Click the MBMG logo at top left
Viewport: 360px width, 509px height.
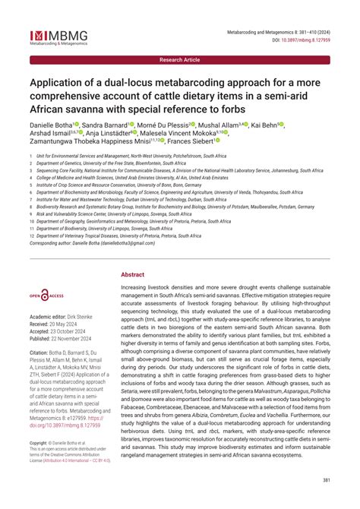pyautogui.click(x=58, y=36)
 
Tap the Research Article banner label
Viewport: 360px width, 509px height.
pyautogui.click(x=180, y=59)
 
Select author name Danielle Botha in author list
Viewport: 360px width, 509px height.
pyautogui.click(x=51, y=124)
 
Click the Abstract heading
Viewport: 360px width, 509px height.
pyautogui.click(x=132, y=274)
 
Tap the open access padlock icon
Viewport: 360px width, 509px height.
pyautogui.click(x=46, y=294)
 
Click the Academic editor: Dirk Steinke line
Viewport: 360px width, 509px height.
pyautogui.click(x=67, y=316)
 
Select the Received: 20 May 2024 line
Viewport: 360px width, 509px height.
pyautogui.click(x=60, y=324)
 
